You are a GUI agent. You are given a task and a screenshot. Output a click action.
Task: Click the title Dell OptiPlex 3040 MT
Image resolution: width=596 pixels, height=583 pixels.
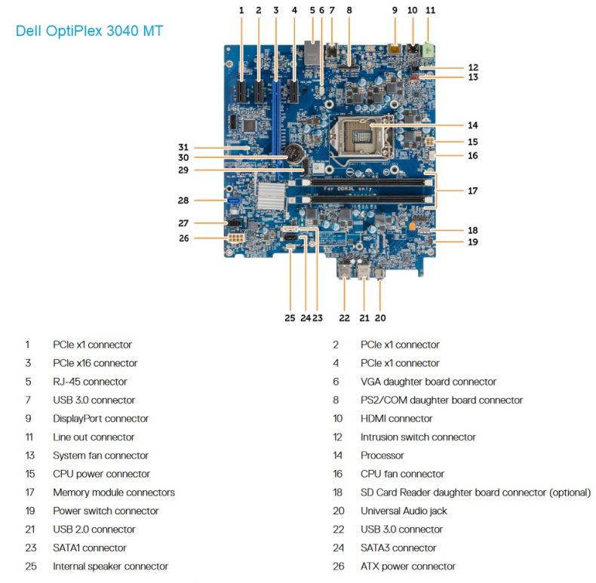[x=89, y=31]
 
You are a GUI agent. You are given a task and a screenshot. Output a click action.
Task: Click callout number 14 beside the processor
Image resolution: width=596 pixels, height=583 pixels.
[x=472, y=124]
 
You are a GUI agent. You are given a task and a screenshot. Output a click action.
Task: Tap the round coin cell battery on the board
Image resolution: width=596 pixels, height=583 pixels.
[x=292, y=155]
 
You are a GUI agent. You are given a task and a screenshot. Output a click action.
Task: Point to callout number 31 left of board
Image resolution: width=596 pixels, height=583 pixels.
[x=183, y=147]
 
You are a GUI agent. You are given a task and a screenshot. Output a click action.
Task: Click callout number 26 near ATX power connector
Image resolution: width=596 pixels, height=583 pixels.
[x=183, y=238]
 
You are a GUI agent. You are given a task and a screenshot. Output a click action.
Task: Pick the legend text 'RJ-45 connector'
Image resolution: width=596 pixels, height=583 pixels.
[x=90, y=382]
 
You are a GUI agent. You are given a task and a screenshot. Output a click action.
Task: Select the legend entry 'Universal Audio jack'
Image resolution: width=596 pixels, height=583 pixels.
[x=404, y=511]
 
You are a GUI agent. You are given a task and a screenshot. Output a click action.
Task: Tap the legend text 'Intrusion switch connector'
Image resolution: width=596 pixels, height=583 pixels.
[x=418, y=437]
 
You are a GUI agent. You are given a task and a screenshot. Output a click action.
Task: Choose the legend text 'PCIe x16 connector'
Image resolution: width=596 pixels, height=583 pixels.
[x=95, y=363]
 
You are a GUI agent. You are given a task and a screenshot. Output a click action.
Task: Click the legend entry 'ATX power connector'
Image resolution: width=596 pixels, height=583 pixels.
[x=407, y=566]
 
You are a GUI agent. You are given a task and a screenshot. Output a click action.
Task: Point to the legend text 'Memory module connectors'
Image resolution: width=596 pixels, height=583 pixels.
[x=113, y=492]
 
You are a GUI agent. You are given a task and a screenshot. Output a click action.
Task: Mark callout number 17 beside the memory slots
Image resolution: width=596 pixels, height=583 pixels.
[x=472, y=191]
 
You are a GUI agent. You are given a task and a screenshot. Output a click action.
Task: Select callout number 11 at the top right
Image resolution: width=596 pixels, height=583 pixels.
[x=431, y=10]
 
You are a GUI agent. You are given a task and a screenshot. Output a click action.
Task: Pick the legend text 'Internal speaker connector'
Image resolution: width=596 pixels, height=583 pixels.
[x=110, y=566]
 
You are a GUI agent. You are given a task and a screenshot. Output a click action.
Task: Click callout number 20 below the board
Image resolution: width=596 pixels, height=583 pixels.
[x=380, y=318]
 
